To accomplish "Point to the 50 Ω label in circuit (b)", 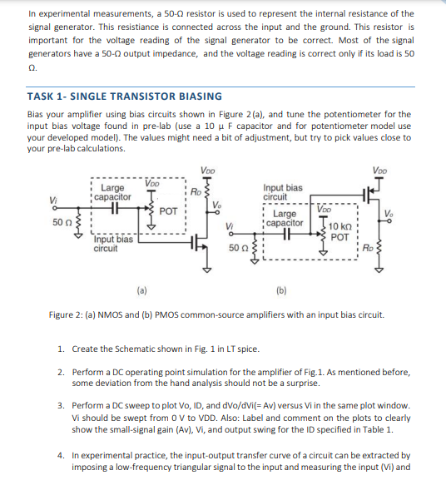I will pos(238,248).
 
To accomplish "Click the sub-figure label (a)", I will pos(142,290).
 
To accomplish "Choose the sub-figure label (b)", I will pos(279,291).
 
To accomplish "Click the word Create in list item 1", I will pos(85,349).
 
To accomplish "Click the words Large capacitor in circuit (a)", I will pos(111,192).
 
